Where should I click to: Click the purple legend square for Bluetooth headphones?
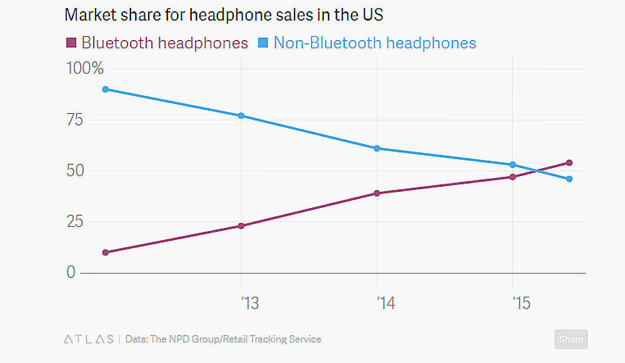coord(71,43)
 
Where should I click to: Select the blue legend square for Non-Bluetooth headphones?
coord(263,43)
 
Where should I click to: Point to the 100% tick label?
coord(84,68)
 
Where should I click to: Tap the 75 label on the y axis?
coord(75,119)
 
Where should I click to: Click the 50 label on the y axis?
coord(75,171)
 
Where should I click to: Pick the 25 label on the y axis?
coord(75,222)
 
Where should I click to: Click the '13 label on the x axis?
coord(249,304)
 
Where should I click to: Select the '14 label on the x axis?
coord(385,304)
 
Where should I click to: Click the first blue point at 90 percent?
coord(106,89)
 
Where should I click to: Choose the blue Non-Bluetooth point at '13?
coord(241,116)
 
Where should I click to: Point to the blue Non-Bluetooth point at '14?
coord(377,148)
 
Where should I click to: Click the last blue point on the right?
coord(569,179)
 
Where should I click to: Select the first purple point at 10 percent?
coord(106,252)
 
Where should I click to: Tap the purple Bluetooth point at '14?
coord(377,193)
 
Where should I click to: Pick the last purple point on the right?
coord(569,162)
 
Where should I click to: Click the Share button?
coord(571,339)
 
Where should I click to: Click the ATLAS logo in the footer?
coord(89,339)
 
